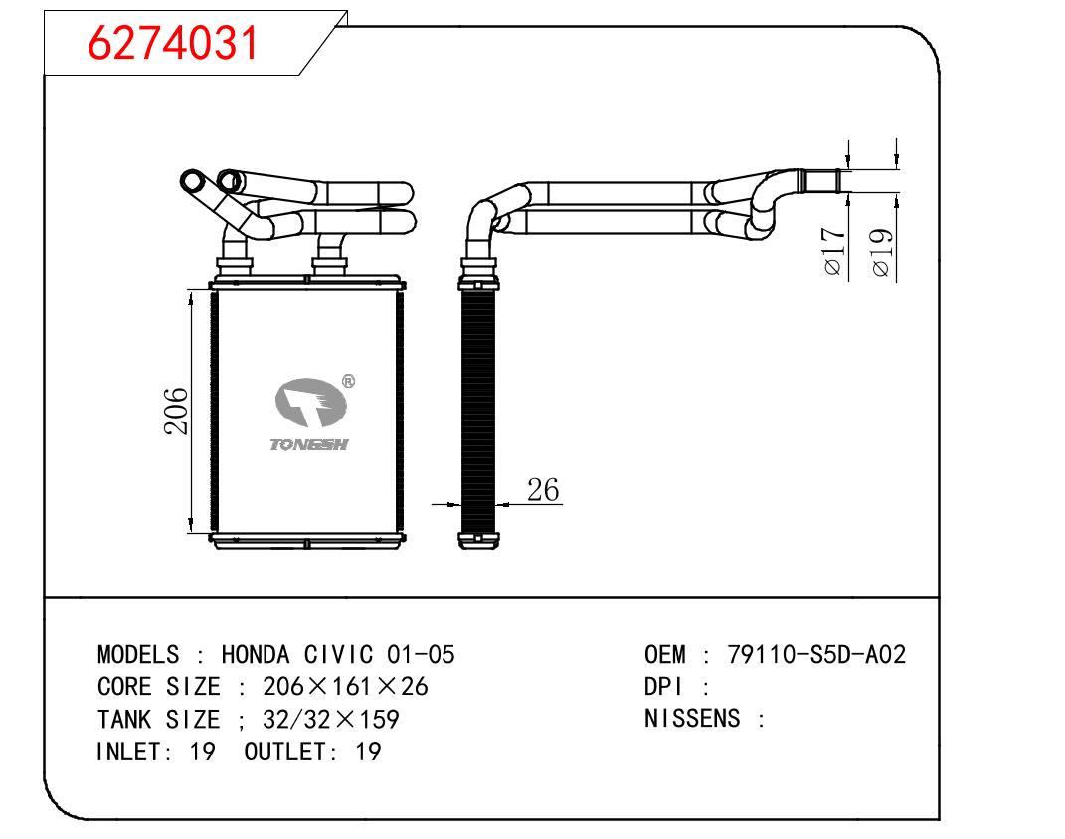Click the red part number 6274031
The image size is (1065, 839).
click(173, 42)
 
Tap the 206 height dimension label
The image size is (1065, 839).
click(176, 411)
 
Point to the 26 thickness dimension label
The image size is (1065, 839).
click(543, 490)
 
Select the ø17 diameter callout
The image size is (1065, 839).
click(834, 252)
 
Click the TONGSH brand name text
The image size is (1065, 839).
click(309, 444)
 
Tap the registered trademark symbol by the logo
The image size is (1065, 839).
click(348, 381)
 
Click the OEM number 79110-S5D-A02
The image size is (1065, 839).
click(816, 654)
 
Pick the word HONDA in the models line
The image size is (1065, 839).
click(256, 654)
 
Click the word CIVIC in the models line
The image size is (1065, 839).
click(338, 654)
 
